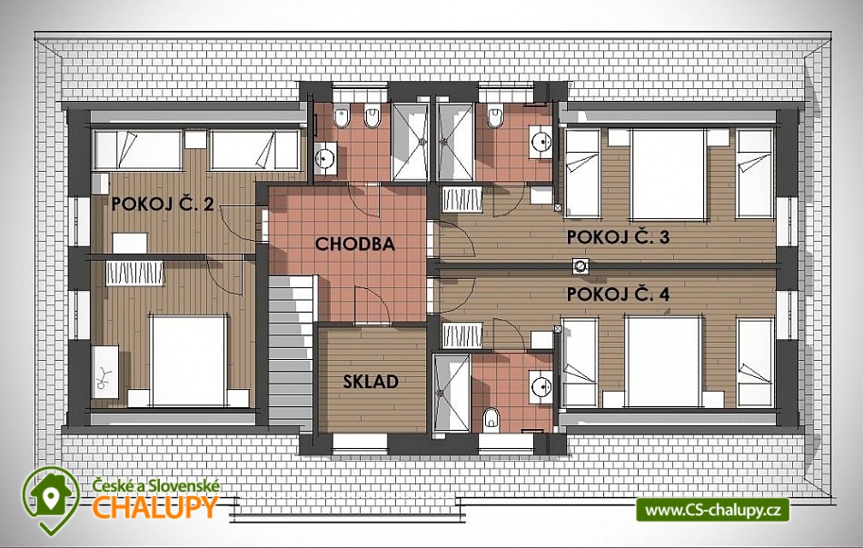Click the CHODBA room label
(355, 244)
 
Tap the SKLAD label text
(371, 382)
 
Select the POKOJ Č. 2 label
(163, 204)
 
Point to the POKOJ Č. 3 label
(618, 237)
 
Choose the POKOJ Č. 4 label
(618, 294)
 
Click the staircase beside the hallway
(291, 350)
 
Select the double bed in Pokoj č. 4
(664, 361)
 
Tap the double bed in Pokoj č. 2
(189, 361)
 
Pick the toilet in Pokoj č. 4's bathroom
(491, 420)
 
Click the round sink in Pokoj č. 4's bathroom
(541, 385)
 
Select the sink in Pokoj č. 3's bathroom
(541, 142)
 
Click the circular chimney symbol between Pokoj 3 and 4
(580, 266)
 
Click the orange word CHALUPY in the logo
(154, 507)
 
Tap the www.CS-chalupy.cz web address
(713, 510)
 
